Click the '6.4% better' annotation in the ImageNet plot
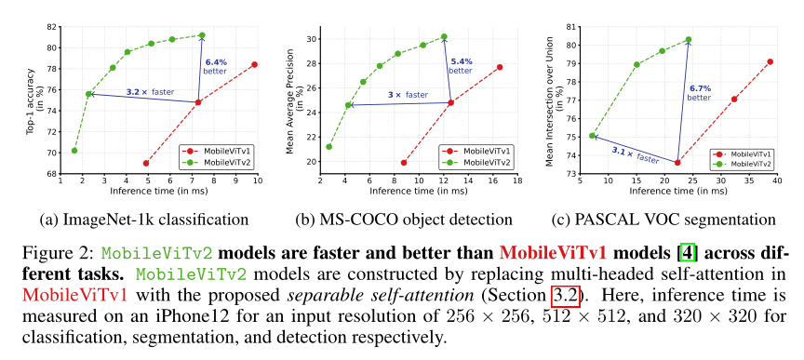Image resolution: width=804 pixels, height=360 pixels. coord(216,66)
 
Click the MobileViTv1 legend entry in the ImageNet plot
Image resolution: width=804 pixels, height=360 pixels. coord(223,150)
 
